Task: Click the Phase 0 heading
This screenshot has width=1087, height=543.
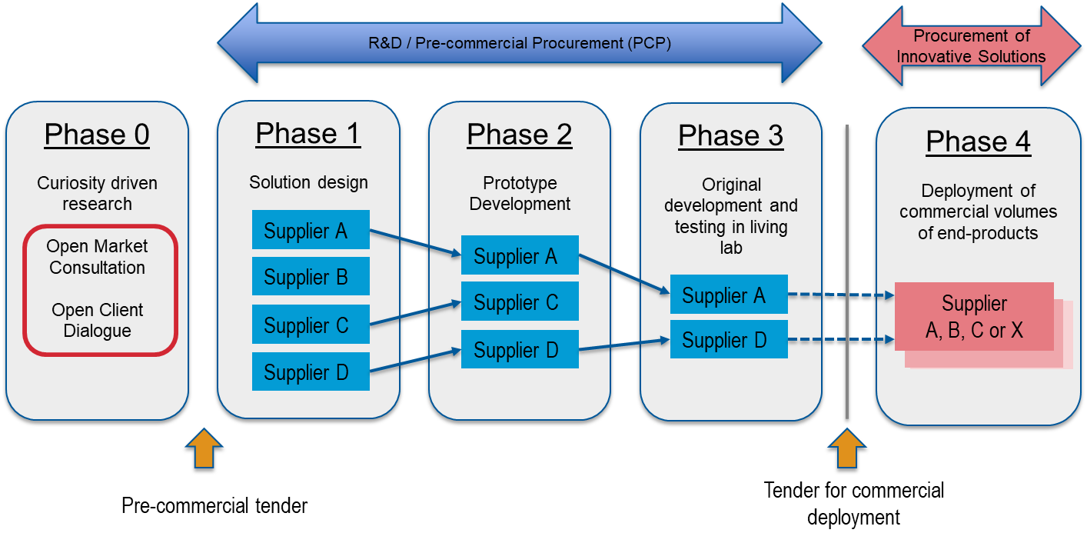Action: click(97, 135)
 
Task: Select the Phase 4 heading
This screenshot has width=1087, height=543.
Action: click(979, 142)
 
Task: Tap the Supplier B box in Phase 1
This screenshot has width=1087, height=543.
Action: click(311, 276)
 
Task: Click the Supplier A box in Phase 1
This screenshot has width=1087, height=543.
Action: click(311, 230)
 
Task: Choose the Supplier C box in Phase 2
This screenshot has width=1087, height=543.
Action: click(520, 301)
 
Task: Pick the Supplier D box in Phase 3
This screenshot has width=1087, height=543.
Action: click(729, 339)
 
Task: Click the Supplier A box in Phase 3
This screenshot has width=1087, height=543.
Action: click(729, 295)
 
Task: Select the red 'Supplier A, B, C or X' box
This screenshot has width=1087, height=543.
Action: click(975, 317)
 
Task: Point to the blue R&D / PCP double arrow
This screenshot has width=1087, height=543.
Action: click(520, 43)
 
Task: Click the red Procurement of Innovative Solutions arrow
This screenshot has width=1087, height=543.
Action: click(972, 46)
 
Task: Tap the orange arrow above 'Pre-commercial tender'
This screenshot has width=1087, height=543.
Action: click(204, 448)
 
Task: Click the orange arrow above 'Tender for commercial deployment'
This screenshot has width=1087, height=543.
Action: click(847, 448)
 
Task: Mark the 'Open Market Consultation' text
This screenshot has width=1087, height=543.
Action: click(97, 257)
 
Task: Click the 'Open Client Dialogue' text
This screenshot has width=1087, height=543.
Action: click(97, 320)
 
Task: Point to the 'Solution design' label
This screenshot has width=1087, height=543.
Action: click(308, 182)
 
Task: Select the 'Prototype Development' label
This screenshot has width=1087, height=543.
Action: click(520, 193)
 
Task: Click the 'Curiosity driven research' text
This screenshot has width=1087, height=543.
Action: click(97, 193)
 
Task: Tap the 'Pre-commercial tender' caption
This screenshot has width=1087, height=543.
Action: click(214, 505)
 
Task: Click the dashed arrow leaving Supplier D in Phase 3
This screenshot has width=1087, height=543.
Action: click(842, 339)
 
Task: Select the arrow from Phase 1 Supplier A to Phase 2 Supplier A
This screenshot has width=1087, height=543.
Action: click(415, 242)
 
